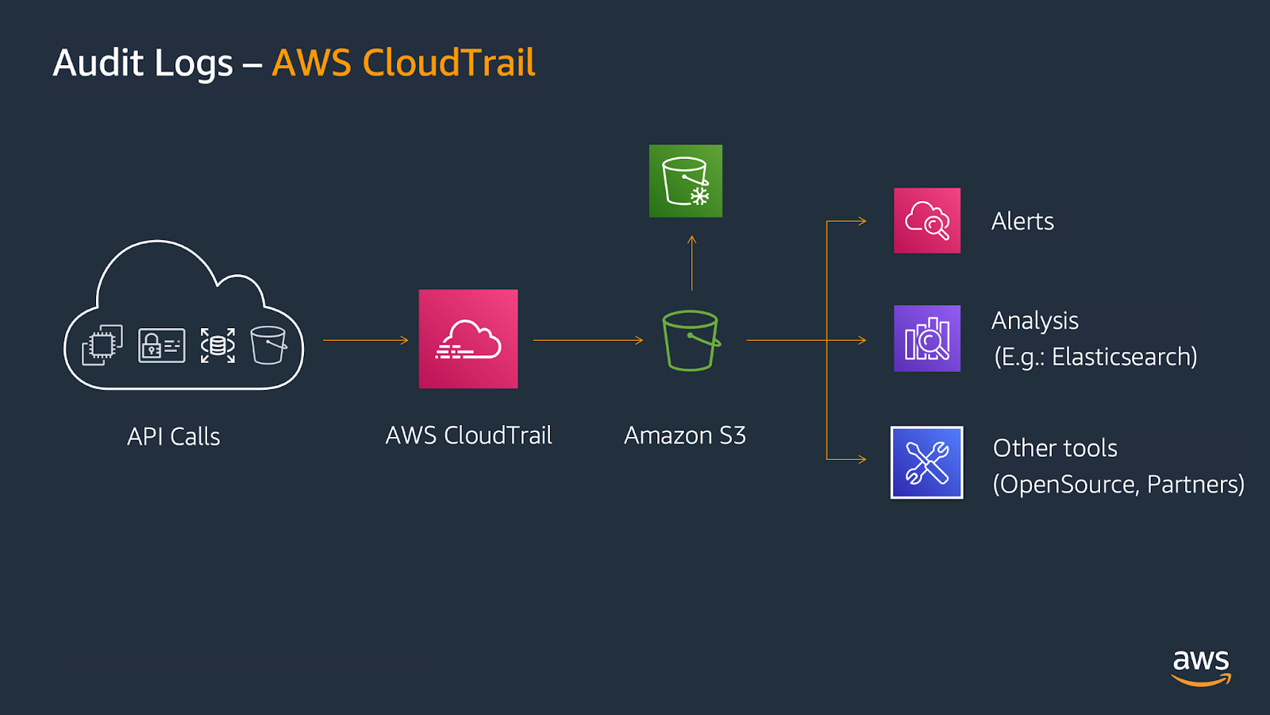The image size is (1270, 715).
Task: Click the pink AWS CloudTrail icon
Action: [x=468, y=338]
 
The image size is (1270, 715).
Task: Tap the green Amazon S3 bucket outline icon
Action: [x=690, y=341]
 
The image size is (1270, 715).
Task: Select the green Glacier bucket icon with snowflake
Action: [x=686, y=181]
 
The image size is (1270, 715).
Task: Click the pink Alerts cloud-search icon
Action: [x=927, y=221]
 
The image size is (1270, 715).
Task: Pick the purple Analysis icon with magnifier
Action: [x=927, y=338]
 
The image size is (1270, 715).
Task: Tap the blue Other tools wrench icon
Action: [x=927, y=462]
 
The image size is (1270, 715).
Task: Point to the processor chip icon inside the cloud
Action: [x=102, y=345]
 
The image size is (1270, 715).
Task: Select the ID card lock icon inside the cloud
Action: [x=162, y=346]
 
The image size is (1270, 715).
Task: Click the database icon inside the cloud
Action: [x=217, y=346]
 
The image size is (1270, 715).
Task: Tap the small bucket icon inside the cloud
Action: [x=268, y=345]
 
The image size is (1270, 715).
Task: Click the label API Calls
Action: [x=174, y=436]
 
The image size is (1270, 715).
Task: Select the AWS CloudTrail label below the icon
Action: [x=468, y=435]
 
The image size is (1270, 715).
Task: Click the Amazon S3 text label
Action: [x=685, y=435]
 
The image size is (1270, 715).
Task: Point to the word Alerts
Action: [x=1022, y=221]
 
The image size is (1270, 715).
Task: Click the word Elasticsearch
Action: [x=1123, y=357]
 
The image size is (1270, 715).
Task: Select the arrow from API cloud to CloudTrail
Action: [x=365, y=340]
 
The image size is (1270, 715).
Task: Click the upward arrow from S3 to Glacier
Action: [x=691, y=262]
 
